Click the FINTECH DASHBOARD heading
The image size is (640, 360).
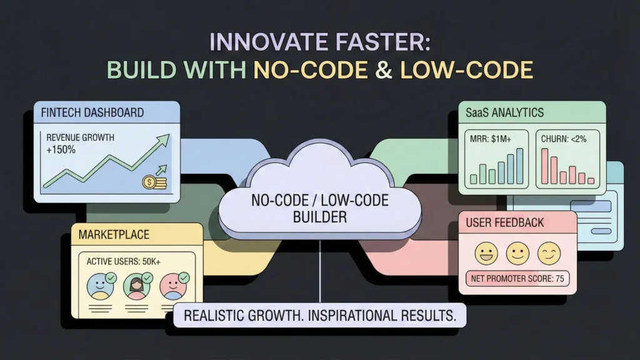[92, 112]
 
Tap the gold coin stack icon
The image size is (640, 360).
[154, 182]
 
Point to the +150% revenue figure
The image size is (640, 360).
[61, 150]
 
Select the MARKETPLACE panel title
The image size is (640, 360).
[114, 235]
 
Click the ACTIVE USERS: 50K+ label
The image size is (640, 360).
[123, 261]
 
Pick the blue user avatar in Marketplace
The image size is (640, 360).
[101, 286]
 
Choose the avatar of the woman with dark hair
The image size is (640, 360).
[137, 286]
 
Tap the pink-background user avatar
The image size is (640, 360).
[174, 286]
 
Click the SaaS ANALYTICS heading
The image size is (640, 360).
[504, 112]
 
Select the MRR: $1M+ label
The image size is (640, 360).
[490, 139]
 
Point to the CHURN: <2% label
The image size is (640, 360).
[564, 139]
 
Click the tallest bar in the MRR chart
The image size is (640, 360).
[519, 166]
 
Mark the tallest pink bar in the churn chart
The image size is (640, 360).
[545, 166]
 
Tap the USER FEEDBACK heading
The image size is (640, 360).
[505, 223]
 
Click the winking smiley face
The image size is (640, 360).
[549, 254]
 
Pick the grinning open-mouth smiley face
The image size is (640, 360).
[486, 254]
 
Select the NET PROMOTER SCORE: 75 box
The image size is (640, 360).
[517, 279]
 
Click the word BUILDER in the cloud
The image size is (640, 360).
[320, 217]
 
